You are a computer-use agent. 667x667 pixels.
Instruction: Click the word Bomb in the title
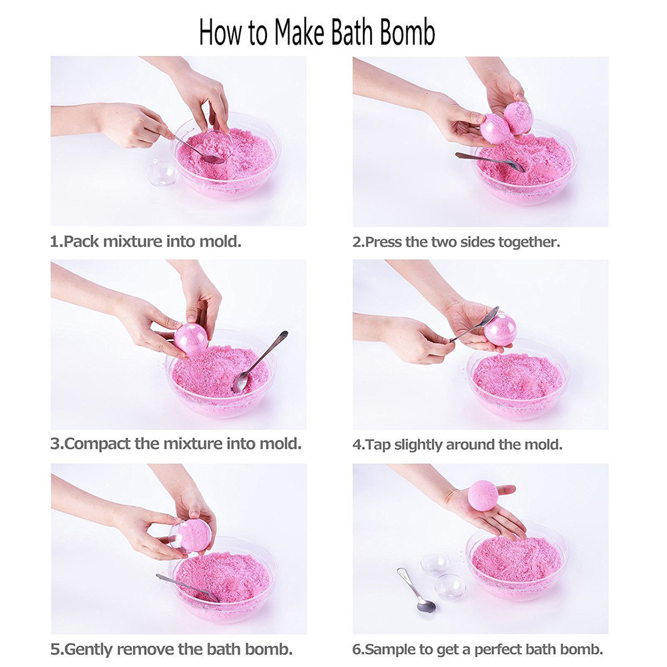[x=407, y=33]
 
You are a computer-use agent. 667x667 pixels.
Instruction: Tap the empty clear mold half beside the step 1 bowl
[x=162, y=174]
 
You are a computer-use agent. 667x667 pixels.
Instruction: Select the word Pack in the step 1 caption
[x=81, y=242]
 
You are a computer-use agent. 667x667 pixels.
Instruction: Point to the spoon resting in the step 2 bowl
[x=489, y=162]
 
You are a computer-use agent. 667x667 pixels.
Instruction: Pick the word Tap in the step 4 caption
[x=377, y=445]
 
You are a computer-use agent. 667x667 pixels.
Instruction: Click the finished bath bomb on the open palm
[x=483, y=495]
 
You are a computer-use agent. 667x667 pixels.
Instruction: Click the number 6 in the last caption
[x=357, y=650]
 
